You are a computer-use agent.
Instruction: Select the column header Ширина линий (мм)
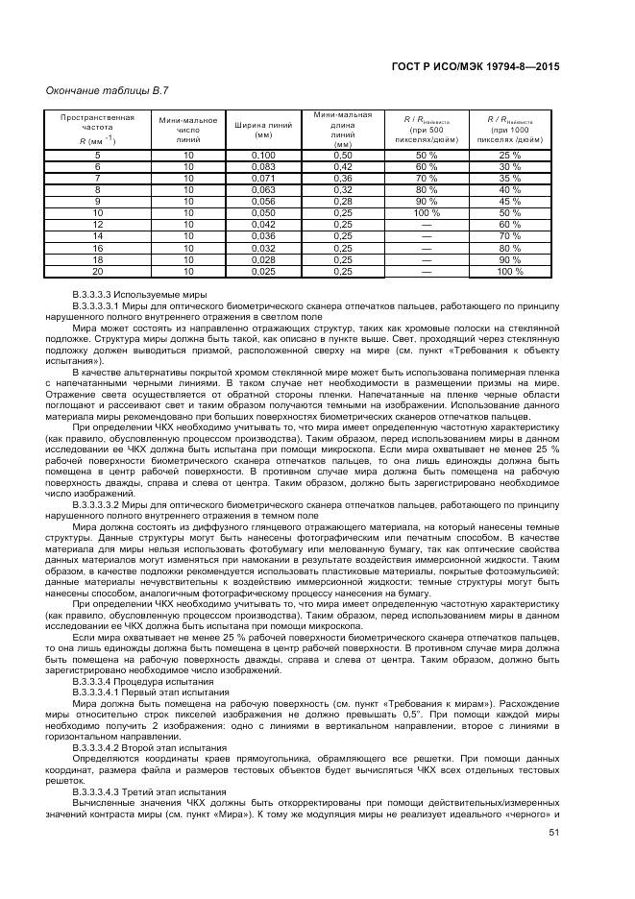pyautogui.click(x=263, y=130)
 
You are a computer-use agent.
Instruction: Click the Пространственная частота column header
pyautogui.click(x=97, y=130)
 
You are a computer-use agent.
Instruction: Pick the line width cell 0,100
pyautogui.click(x=263, y=155)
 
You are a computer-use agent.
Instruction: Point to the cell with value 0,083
pyautogui.click(x=263, y=166)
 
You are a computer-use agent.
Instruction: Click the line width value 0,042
pyautogui.click(x=263, y=225)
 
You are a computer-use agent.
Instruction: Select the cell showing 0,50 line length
pyautogui.click(x=343, y=155)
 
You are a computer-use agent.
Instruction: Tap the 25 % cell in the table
pyautogui.click(x=509, y=155)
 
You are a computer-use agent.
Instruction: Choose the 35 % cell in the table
pyautogui.click(x=509, y=178)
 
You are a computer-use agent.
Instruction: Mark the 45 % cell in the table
pyautogui.click(x=509, y=201)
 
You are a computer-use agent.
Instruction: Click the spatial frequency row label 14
pyautogui.click(x=97, y=236)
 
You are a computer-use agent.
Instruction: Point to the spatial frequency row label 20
pyautogui.click(x=97, y=272)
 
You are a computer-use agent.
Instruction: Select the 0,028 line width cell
pyautogui.click(x=263, y=260)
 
